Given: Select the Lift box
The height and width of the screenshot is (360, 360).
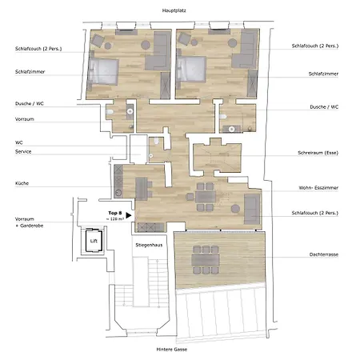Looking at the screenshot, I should pyautogui.click(x=92, y=238).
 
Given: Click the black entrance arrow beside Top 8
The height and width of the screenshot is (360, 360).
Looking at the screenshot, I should pyautogui.click(x=127, y=214).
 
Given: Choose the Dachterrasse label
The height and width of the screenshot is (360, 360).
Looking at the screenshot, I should pyautogui.click(x=323, y=254).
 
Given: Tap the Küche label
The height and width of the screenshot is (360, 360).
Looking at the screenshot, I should pyautogui.click(x=22, y=184).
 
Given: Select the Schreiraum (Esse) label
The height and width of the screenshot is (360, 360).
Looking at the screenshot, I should pyautogui.click(x=317, y=157).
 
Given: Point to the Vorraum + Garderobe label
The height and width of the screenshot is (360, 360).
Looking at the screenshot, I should pyautogui.click(x=29, y=222).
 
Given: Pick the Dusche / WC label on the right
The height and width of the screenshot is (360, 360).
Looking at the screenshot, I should pyautogui.click(x=323, y=106).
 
